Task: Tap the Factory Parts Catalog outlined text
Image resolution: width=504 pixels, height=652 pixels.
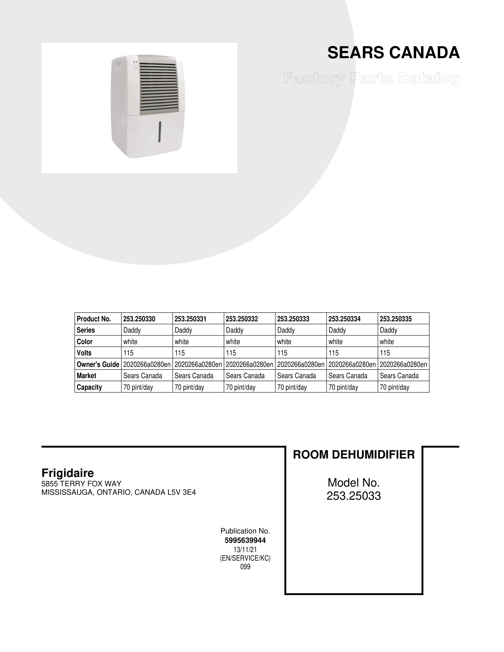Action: click(x=371, y=78)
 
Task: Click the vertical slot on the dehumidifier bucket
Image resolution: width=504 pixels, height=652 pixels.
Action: click(x=160, y=132)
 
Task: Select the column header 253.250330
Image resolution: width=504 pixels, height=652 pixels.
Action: click(x=139, y=319)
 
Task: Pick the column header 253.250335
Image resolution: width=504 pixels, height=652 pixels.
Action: click(x=396, y=319)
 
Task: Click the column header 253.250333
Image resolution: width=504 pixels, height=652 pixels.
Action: click(x=293, y=319)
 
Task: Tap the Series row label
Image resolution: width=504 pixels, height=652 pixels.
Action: click(x=86, y=330)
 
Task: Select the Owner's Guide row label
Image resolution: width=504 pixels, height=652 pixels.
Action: click(x=98, y=364)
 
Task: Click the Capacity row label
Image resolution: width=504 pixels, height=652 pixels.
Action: click(x=89, y=387)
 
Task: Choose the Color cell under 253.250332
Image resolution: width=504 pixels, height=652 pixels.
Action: click(x=233, y=342)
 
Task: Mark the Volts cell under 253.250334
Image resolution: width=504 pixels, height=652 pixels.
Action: click(x=334, y=353)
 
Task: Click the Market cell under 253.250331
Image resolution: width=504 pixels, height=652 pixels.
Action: click(x=194, y=376)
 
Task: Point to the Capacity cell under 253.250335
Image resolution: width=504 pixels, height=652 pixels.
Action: click(x=394, y=387)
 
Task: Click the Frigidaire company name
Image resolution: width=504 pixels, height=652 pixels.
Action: click(x=68, y=473)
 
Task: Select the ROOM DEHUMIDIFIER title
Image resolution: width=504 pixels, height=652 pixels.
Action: click(x=354, y=455)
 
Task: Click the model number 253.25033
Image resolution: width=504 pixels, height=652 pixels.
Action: click(x=354, y=496)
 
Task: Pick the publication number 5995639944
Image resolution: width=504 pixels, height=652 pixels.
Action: click(x=245, y=540)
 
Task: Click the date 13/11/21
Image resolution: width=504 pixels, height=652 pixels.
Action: click(x=245, y=549)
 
